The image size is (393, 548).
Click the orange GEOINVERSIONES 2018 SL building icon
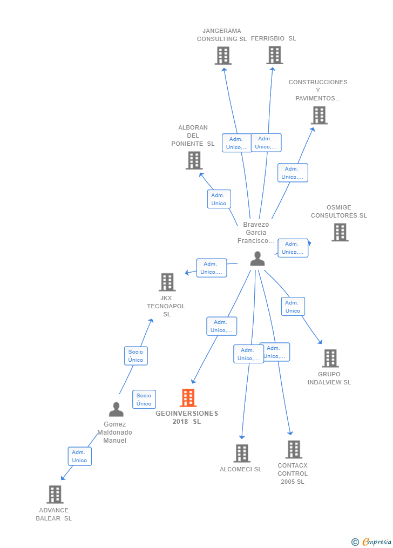click(188, 398)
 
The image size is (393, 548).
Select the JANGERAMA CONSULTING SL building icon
click(223, 56)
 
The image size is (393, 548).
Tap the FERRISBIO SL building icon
click(274, 55)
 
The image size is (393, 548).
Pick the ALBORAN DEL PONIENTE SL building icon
click(194, 160)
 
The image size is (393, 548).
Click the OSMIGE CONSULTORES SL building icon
click(340, 232)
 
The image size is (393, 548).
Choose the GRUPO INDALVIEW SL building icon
click(330, 358)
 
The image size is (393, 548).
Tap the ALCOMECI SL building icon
click(242, 454)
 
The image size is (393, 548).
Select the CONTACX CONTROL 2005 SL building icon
click(294, 449)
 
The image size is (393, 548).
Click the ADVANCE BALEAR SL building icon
click(55, 494)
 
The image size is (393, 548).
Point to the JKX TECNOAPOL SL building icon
click(167, 282)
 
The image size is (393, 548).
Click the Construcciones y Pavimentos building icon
click(319, 115)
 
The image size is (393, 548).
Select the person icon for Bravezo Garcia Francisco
click(258, 259)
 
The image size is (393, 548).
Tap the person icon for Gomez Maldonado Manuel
click(116, 410)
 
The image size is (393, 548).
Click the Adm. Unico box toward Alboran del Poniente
click(219, 199)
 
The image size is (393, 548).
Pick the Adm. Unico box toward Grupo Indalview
click(293, 307)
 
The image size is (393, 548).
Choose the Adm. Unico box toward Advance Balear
click(79, 456)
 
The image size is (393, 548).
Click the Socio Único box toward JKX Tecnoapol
click(135, 356)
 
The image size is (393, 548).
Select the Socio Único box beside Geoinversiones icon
click(144, 400)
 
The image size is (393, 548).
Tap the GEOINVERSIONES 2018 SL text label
click(187, 417)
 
